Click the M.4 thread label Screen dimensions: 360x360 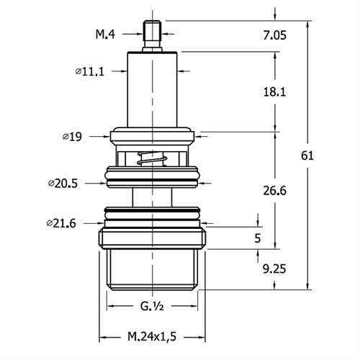[x=105, y=34]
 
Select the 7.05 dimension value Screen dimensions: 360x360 [x=275, y=35]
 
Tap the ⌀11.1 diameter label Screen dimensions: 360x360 [x=90, y=71]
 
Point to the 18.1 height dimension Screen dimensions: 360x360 [x=275, y=92]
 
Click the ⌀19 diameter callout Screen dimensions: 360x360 [x=72, y=137]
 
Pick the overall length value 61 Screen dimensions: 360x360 [x=307, y=156]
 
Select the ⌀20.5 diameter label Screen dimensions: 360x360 [x=63, y=184]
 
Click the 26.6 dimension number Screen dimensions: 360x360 [x=275, y=191]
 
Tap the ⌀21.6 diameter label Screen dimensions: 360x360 [x=61, y=223]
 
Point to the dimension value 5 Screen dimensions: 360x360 [x=258, y=238]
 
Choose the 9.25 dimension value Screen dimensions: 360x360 [x=274, y=269]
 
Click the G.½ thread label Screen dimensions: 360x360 [x=152, y=306]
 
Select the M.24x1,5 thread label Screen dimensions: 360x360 [x=152, y=336]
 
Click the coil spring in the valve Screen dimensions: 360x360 [x=152, y=158]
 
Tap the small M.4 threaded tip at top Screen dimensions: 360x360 [x=152, y=36]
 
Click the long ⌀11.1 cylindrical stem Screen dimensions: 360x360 [x=152, y=89]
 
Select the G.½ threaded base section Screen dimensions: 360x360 [x=152, y=270]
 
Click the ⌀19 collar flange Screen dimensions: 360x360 [x=152, y=137]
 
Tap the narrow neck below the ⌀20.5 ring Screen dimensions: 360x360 [x=152, y=197]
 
